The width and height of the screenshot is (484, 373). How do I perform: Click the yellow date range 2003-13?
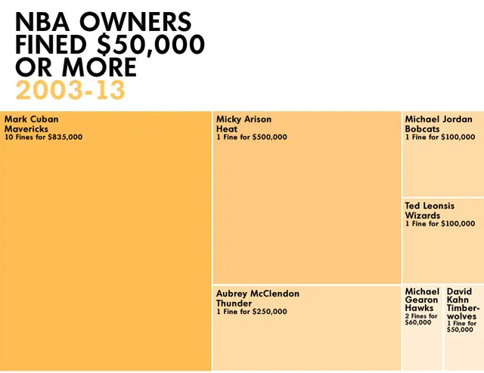(70, 91)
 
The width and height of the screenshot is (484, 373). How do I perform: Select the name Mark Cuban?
(31, 119)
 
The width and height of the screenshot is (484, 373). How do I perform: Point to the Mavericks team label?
(26, 129)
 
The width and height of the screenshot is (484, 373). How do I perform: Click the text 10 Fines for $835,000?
(44, 138)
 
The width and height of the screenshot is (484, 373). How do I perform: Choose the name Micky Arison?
(244, 119)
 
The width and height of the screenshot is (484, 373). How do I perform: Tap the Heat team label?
(227, 129)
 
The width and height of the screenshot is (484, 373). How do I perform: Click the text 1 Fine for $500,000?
(252, 138)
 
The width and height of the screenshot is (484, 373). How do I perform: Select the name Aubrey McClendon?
(258, 294)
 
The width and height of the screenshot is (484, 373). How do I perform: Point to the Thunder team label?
(234, 303)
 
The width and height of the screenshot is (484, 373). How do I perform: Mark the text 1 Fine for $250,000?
(252, 312)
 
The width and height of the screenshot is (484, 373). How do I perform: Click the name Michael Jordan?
(439, 119)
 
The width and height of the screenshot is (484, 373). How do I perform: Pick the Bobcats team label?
(423, 129)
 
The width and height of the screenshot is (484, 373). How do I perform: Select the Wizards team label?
(423, 216)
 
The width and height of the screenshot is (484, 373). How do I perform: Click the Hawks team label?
(419, 309)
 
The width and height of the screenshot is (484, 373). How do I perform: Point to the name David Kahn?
(459, 296)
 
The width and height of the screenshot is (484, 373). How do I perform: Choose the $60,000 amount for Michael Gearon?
(418, 323)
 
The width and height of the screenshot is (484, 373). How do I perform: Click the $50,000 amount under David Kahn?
(461, 330)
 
